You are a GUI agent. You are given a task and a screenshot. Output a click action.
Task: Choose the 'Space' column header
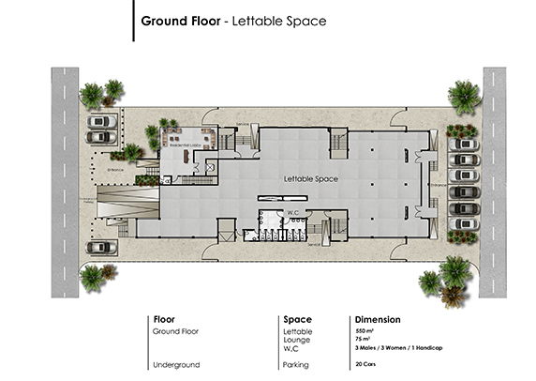297,319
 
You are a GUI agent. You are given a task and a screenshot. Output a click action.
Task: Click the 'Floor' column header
164,319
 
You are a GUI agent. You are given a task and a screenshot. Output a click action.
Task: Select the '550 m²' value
364,331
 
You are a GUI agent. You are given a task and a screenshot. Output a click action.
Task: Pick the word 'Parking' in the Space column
297,364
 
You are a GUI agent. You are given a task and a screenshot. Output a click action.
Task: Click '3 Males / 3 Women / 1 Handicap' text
397,348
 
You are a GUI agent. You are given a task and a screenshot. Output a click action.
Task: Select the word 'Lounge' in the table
297,340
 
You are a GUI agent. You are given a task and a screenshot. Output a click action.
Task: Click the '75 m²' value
362,340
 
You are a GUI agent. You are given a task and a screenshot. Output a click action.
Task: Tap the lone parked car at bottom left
99,248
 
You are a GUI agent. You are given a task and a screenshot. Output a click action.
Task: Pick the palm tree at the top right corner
462,95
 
